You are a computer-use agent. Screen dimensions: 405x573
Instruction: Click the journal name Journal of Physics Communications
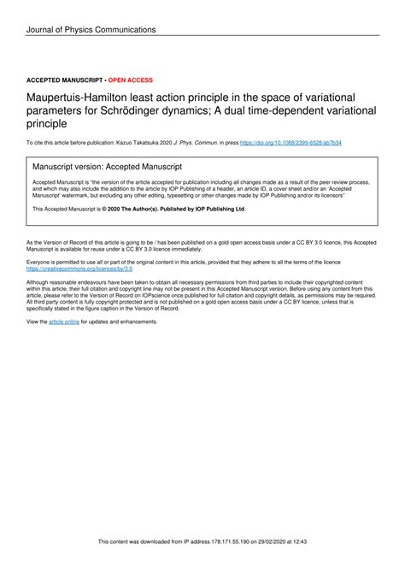click(x=91, y=30)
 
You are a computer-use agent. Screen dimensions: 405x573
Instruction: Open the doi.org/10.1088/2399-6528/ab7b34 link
click(x=291, y=143)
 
